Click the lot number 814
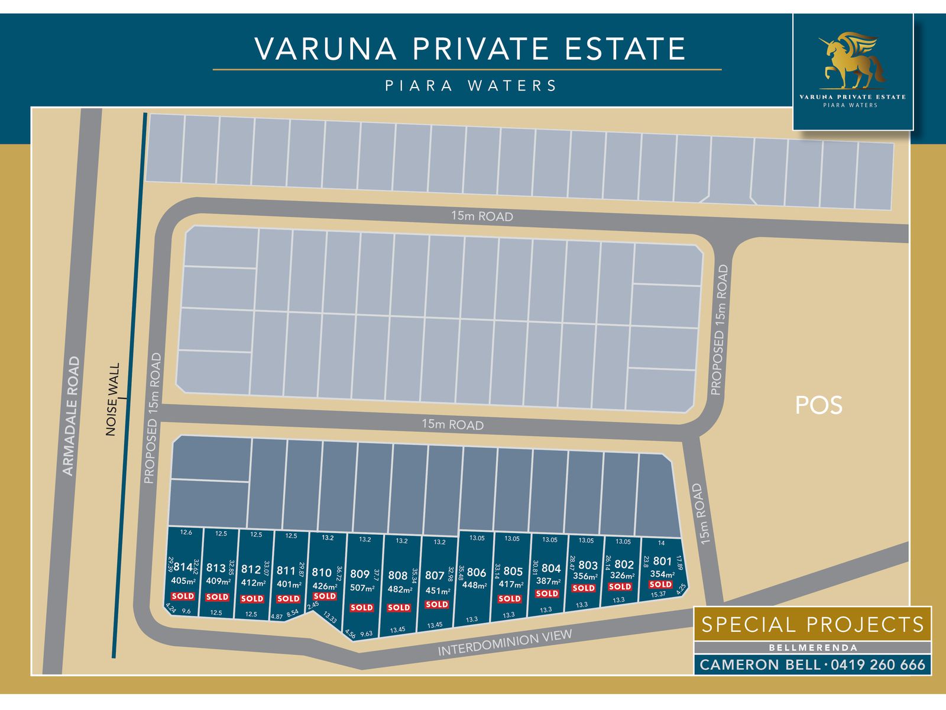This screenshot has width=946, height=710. [183, 567]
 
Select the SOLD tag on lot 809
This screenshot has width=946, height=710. [361, 608]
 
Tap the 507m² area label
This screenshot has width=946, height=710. [362, 588]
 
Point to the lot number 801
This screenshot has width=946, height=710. [662, 561]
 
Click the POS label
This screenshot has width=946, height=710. [818, 405]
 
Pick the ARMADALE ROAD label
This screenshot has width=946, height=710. [71, 415]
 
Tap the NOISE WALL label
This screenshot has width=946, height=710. [112, 399]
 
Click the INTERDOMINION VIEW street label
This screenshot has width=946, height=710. [505, 643]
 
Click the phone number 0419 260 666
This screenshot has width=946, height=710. [878, 665]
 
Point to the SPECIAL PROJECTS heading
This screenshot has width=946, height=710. [812, 625]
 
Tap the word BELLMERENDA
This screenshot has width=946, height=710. [812, 648]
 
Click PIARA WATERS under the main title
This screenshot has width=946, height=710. [471, 86]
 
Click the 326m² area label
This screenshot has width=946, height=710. [622, 576]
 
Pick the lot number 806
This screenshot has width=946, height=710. [476, 573]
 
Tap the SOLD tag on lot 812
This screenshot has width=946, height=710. [252, 599]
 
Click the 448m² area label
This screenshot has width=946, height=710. [475, 586]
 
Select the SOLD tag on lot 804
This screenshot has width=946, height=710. [547, 593]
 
